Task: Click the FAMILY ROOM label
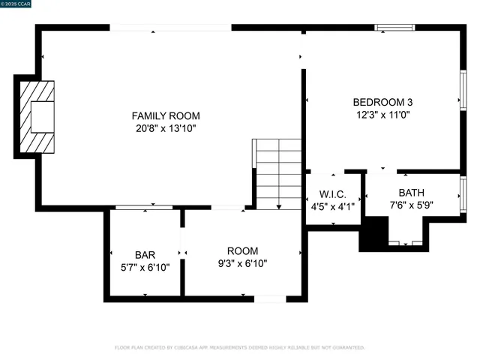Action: click(x=166, y=115)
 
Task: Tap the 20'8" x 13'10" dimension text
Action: click(x=166, y=128)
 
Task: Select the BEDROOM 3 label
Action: click(x=382, y=102)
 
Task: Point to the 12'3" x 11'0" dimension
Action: click(x=382, y=115)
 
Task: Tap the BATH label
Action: click(x=411, y=192)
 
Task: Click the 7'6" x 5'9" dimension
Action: click(x=411, y=204)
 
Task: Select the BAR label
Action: click(x=145, y=254)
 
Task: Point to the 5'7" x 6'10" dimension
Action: click(x=145, y=266)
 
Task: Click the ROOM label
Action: click(x=242, y=250)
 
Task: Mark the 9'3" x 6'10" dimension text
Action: click(x=242, y=263)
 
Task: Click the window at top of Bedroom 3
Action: click(x=394, y=28)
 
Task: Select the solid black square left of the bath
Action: click(x=373, y=235)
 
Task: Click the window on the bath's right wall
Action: click(x=463, y=193)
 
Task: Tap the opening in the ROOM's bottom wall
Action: click(x=270, y=299)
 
